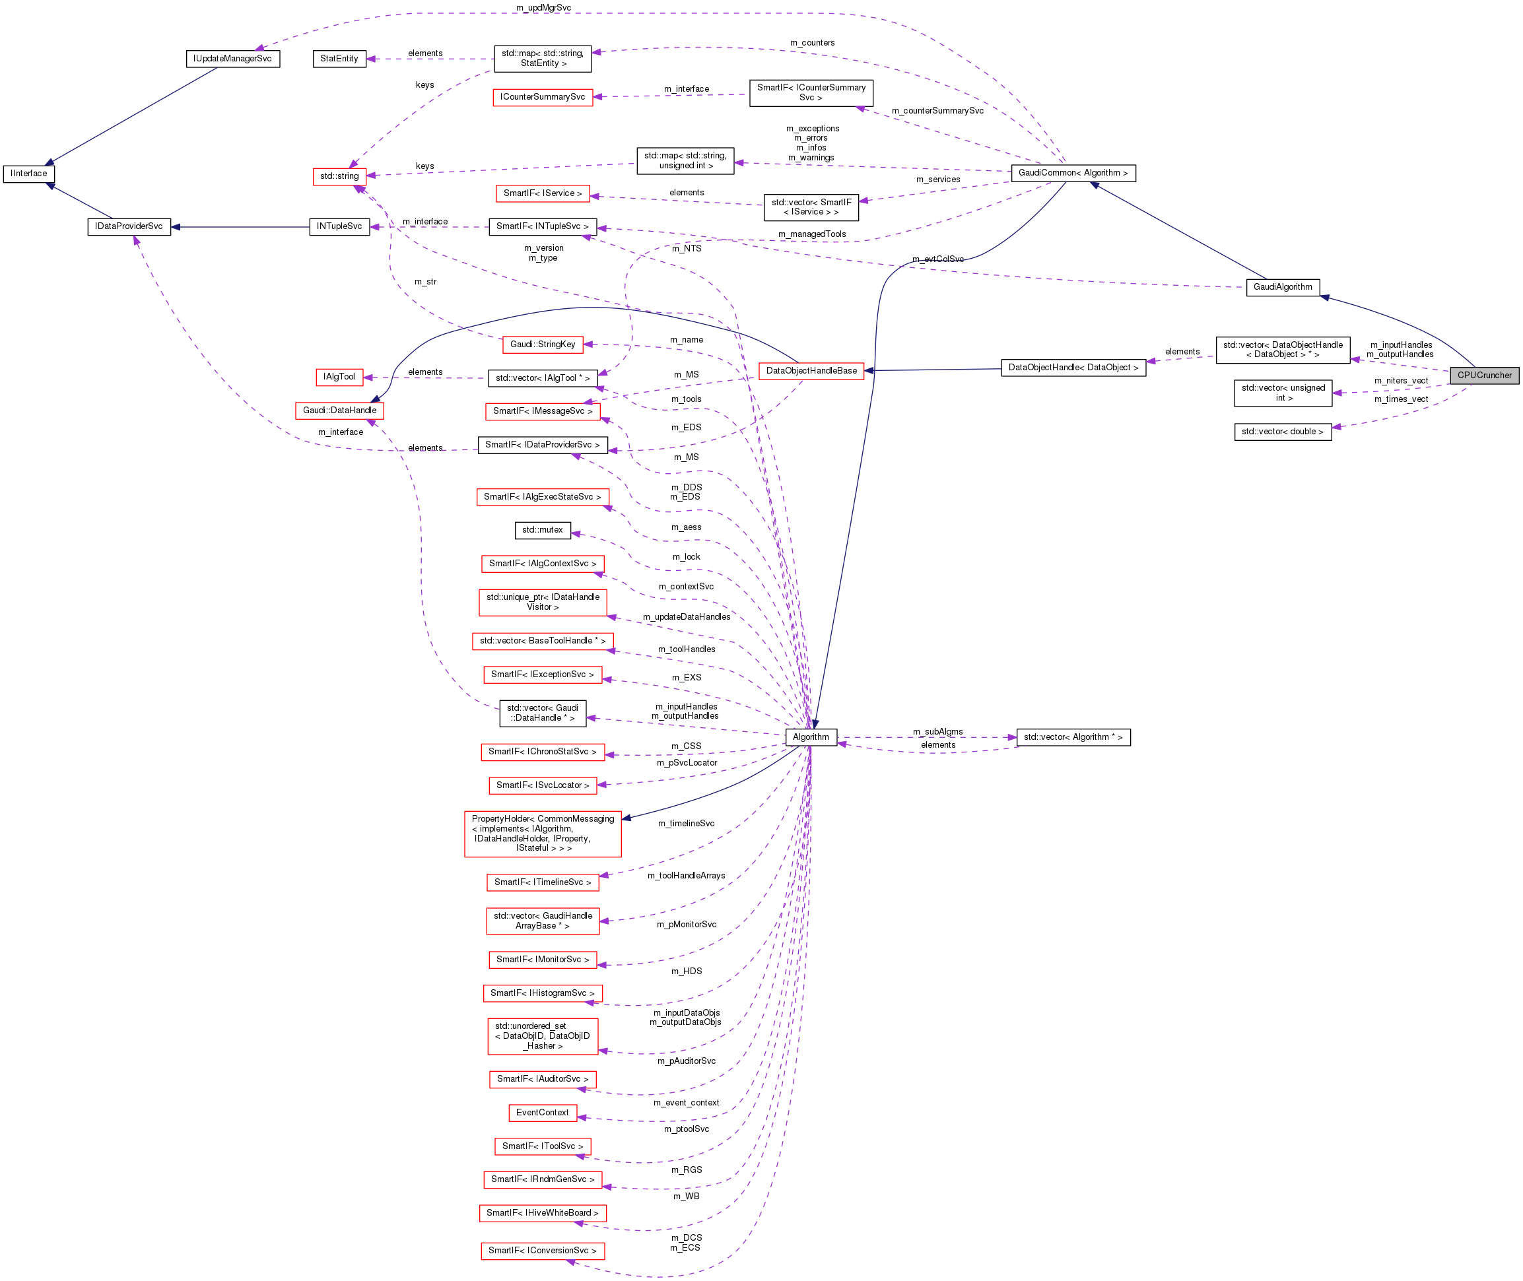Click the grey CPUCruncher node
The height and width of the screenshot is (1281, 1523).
coord(1484,376)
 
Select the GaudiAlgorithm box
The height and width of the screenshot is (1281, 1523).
coord(1282,287)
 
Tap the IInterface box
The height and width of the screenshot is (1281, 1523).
coord(29,174)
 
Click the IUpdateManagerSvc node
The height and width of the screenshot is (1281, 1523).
coord(232,59)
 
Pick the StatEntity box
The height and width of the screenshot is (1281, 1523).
coord(339,59)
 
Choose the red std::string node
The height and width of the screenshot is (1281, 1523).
coord(339,176)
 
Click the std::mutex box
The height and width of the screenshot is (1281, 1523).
coord(542,530)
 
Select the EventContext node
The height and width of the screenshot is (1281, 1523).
coord(542,1113)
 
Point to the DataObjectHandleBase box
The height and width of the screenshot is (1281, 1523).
coord(811,371)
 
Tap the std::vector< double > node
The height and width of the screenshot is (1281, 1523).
coord(1282,432)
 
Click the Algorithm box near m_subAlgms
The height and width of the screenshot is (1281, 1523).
coord(811,737)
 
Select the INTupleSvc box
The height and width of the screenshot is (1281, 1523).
coord(339,226)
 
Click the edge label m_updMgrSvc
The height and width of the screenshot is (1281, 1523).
coord(543,8)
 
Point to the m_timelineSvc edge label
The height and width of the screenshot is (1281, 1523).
coord(686,824)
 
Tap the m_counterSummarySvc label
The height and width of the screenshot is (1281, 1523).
coord(937,111)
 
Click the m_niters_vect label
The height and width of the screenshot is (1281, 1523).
coord(1400,381)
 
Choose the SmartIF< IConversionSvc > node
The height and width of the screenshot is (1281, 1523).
coord(542,1251)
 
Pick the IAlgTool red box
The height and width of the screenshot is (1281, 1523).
coord(339,377)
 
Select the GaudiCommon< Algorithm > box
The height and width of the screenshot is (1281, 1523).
coord(1073,173)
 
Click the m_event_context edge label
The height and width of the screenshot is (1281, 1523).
coord(686,1102)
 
